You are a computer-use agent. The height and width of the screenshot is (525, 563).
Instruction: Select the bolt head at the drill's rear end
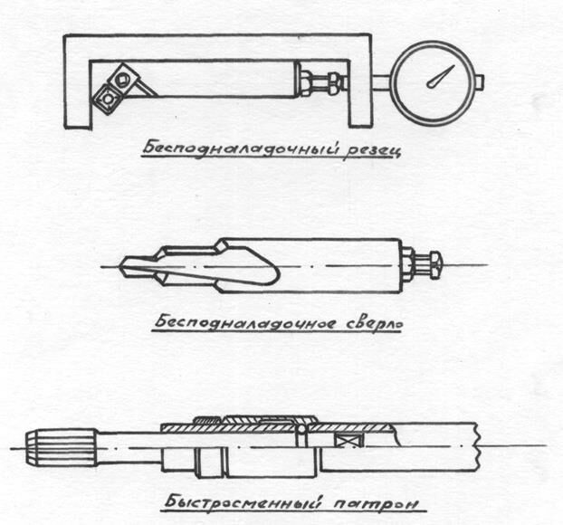(x=431, y=266)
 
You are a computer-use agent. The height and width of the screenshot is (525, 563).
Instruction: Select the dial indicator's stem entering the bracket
(x=378, y=84)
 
